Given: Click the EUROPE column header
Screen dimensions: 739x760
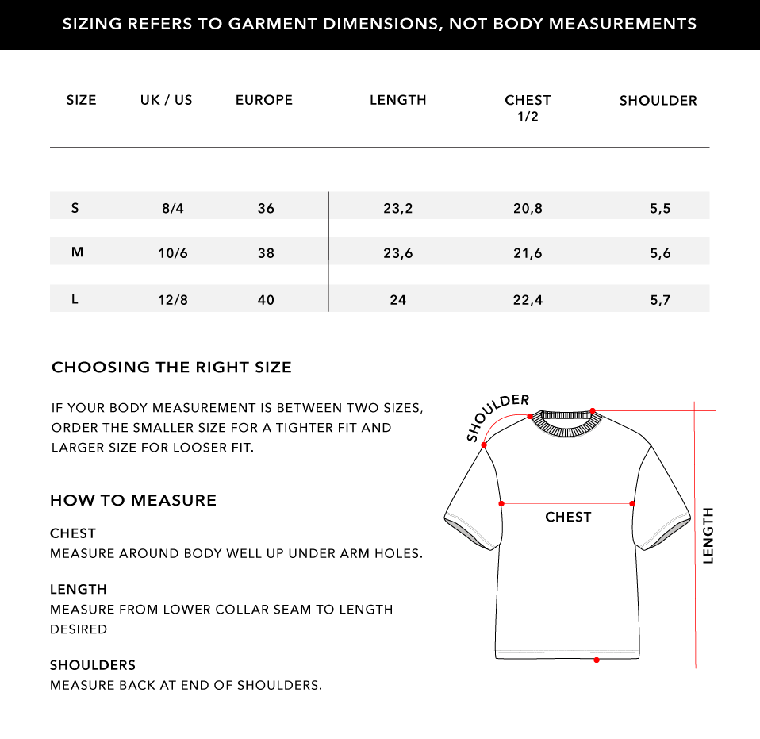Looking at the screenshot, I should pos(264,100).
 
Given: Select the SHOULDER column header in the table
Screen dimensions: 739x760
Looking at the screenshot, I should pos(658,101).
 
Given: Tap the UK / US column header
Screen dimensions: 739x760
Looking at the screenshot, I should pos(167,100).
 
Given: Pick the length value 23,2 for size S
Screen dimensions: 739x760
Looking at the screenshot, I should pos(398,209).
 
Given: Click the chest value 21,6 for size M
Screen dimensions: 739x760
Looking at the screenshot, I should pos(528,254).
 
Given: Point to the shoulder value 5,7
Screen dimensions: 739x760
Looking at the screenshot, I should pos(660,300).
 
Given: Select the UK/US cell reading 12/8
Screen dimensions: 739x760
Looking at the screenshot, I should pos(173,300).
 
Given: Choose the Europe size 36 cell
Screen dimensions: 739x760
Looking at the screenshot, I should pos(266,209).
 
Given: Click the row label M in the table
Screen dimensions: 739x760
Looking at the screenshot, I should pos(77,252).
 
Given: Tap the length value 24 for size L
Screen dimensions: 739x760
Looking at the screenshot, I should pos(398,300).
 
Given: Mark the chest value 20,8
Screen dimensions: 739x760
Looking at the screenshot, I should pos(528,209).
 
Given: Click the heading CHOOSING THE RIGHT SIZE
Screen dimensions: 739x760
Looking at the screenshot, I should pos(171,368).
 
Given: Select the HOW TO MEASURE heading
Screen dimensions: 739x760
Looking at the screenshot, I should pos(133,501).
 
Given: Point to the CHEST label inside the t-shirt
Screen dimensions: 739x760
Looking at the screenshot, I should pos(568,518).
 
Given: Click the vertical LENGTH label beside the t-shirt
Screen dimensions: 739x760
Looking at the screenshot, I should pos(708,536).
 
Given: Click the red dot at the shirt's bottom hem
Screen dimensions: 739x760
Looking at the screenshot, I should pos(596,660).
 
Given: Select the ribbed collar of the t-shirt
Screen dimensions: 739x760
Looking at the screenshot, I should pos(567,421).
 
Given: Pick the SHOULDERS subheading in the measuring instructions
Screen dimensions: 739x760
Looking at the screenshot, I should pos(93,665).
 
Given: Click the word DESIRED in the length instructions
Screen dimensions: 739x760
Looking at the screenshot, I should pos(79,629).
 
